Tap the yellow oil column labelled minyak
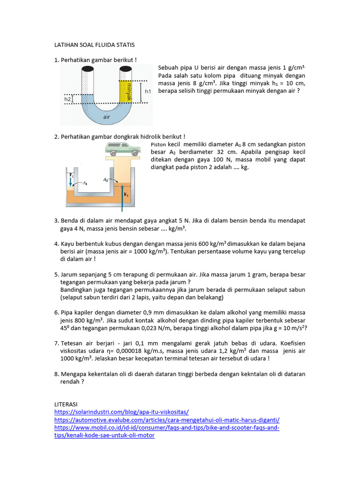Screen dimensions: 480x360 (x=126, y=91)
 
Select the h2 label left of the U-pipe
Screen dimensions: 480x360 (x=68, y=99)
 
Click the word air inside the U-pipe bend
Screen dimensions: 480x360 (x=106, y=117)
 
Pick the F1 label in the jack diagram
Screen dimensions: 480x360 (x=72, y=174)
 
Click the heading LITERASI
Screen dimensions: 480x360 (x=67, y=404)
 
